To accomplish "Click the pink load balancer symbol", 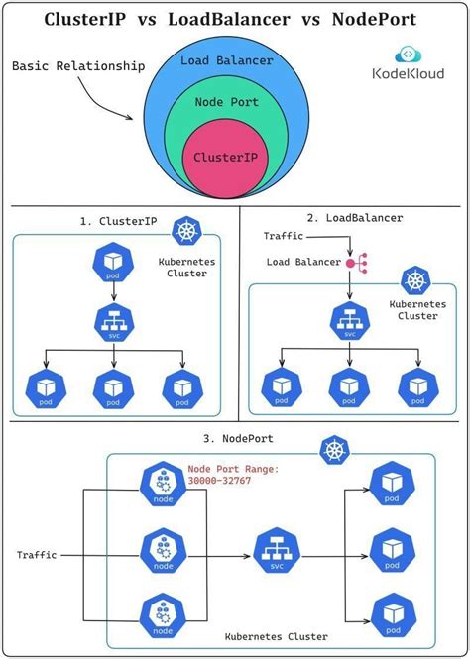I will click(354, 263).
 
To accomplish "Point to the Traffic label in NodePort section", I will click(37, 555).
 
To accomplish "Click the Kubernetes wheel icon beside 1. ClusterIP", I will click(185, 232).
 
